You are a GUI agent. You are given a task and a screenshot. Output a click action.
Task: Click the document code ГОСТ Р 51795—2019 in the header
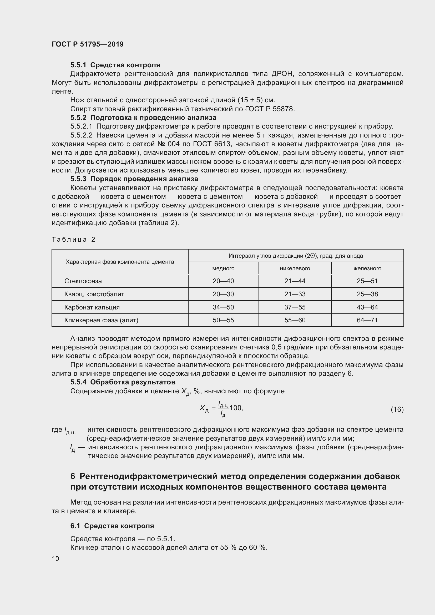[88, 44]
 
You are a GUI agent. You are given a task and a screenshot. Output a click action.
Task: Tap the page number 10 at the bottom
[55, 558]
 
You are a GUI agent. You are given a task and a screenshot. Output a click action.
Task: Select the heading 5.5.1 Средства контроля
[115, 65]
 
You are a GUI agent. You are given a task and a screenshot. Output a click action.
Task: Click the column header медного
[223, 268]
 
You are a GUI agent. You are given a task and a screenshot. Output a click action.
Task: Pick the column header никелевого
[295, 268]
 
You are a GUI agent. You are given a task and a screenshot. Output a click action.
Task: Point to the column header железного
[367, 268]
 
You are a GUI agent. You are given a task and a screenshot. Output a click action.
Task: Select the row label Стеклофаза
[83, 281]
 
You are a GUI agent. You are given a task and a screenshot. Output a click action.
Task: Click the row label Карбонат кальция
[92, 307]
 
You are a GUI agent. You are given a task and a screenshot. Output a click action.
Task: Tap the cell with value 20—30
[223, 294]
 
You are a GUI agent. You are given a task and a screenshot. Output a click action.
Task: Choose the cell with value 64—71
[367, 320]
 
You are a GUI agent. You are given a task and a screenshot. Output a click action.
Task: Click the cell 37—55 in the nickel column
[295, 307]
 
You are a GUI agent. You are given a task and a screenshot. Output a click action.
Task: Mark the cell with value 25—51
[367, 281]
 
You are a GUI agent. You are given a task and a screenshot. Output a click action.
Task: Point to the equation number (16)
[397, 409]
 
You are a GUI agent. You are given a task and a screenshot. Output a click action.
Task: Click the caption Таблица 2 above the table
[73, 240]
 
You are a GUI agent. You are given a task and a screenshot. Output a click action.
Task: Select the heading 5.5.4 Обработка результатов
[123, 382]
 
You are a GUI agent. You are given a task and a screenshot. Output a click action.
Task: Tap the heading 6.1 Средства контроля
[112, 526]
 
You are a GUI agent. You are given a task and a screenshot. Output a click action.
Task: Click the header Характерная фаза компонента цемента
[120, 262]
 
